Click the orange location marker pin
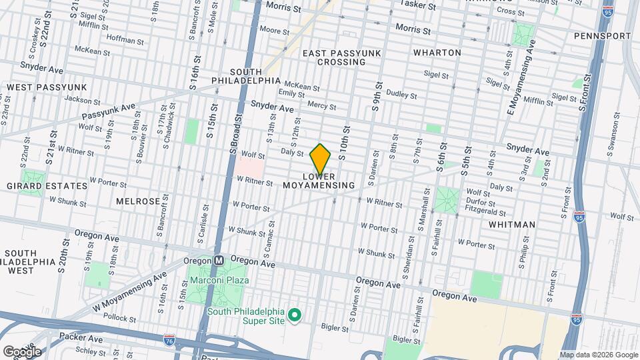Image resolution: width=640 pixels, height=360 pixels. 320,159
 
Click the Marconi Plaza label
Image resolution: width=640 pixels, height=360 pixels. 219,280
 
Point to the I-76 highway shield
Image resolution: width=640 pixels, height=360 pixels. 170,340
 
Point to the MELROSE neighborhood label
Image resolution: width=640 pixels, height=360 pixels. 137,201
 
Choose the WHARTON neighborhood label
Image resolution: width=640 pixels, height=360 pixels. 437,52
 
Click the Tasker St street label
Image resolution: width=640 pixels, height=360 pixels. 418,5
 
